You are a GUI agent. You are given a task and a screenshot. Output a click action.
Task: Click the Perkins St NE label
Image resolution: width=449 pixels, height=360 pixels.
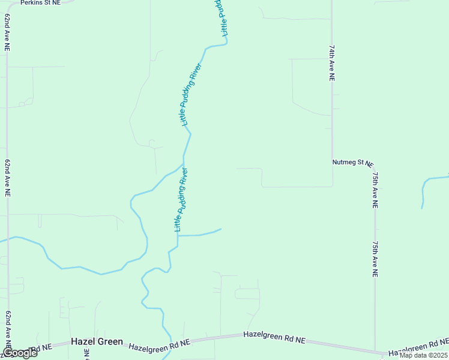point(40,3)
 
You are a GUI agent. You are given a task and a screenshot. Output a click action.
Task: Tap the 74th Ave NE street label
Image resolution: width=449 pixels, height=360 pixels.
point(331,62)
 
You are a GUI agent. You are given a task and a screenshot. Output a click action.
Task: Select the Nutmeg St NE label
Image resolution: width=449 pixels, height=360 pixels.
point(352,163)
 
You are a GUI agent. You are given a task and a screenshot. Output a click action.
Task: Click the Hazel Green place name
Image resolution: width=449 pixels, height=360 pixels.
point(97,341)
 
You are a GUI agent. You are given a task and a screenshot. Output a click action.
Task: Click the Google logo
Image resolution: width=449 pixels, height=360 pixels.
point(19,353)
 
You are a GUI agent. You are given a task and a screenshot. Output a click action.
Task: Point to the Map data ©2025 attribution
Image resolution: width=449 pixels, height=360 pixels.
point(423,355)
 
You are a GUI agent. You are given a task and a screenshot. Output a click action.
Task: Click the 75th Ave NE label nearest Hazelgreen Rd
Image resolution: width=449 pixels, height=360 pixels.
point(375,259)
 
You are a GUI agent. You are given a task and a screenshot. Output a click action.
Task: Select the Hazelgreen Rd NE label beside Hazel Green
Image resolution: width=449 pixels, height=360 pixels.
point(159,344)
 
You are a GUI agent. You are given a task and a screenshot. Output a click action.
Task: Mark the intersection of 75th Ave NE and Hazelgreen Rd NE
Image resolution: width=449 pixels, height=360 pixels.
point(376,353)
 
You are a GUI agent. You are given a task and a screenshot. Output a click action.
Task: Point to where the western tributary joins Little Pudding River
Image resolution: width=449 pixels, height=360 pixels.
point(183,163)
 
